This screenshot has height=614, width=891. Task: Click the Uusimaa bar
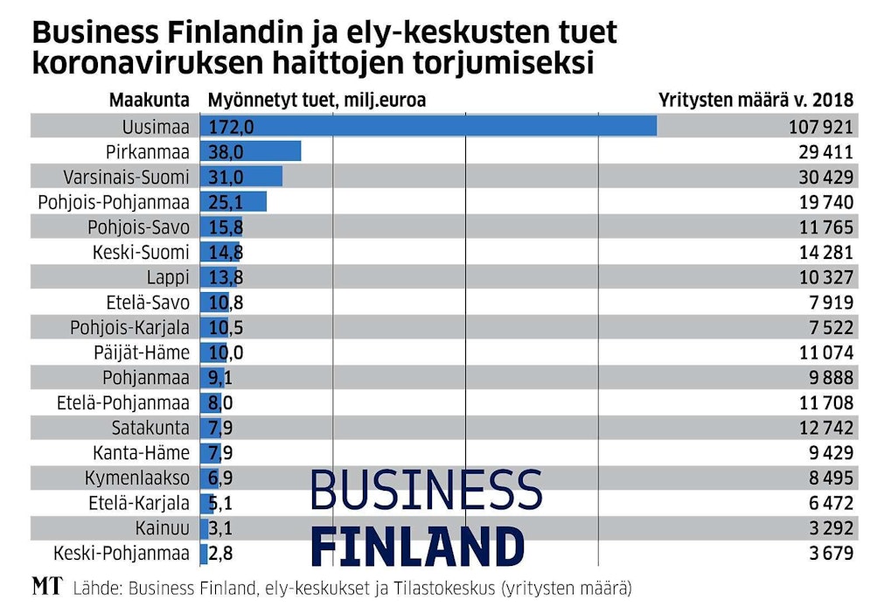(x=428, y=127)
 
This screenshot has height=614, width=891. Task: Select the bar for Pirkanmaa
(x=251, y=152)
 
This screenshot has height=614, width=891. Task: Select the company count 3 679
(x=827, y=554)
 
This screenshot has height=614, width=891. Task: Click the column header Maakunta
(x=150, y=100)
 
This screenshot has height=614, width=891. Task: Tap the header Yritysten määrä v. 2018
(x=755, y=100)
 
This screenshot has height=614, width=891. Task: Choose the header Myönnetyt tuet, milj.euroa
(x=317, y=100)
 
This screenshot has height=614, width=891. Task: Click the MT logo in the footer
(x=47, y=587)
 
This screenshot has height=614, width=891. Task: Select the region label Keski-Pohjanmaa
(x=122, y=554)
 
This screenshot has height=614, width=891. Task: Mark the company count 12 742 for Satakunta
(x=823, y=428)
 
